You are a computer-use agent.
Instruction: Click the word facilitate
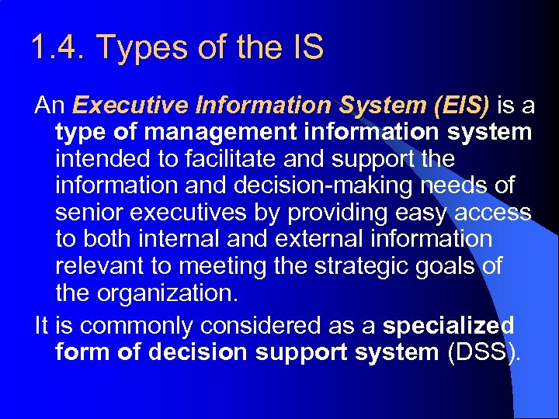(x=235, y=159)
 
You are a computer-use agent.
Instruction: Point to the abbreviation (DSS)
(x=482, y=351)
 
